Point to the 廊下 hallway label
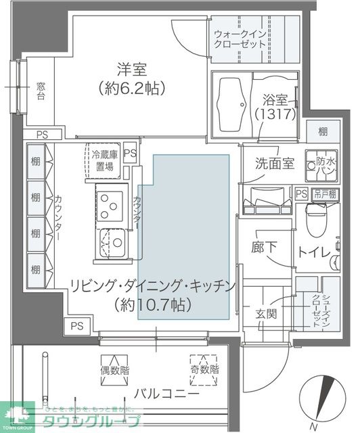coord(263,247)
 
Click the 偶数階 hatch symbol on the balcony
coord(113,368)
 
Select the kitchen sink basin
coord(112,242)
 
